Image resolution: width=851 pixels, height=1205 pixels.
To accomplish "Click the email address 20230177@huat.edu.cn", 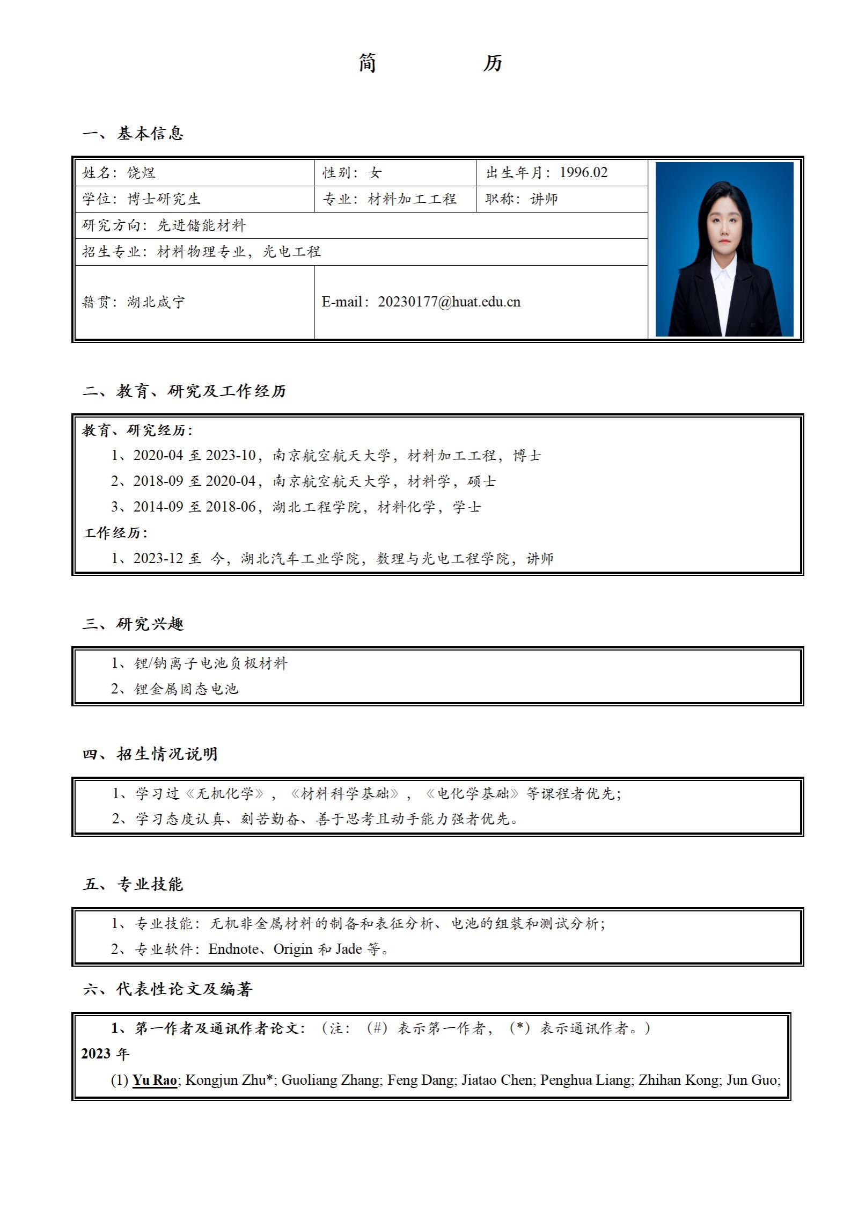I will (x=449, y=302).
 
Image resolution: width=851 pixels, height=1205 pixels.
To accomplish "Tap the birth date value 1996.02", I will (x=583, y=172).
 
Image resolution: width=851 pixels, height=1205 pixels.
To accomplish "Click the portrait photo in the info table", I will (x=724, y=249).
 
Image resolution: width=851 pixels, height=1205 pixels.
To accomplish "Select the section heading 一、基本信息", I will (x=133, y=133).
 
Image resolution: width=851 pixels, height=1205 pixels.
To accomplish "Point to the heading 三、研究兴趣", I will (x=133, y=624).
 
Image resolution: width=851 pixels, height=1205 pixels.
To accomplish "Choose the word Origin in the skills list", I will (x=293, y=948).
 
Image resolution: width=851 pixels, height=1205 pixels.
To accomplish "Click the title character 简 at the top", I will (x=368, y=63).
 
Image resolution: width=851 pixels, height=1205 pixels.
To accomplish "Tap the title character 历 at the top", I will (x=492, y=63).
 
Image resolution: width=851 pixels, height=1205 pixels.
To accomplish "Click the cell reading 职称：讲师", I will (x=522, y=199).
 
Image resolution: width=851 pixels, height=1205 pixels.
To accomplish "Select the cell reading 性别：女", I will (x=351, y=172).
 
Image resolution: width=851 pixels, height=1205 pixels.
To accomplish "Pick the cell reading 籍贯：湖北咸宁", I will (x=133, y=302).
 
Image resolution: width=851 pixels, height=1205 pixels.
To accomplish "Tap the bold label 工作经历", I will (x=114, y=532).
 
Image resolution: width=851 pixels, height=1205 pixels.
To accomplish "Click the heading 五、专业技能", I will (x=133, y=884).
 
